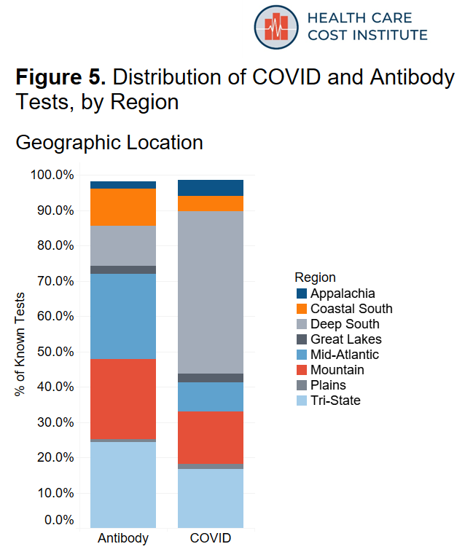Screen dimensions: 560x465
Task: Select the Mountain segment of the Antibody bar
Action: [123, 399]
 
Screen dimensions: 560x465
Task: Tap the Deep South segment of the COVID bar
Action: [211, 291]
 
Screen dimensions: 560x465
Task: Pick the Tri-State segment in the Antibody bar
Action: [123, 484]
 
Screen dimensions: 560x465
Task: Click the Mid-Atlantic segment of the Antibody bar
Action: [123, 316]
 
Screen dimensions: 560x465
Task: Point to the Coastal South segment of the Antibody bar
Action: [123, 207]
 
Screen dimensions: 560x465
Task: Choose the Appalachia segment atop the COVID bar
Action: [211, 187]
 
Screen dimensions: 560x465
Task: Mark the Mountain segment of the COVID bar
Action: [211, 438]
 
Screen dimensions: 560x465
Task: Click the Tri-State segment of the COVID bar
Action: [211, 498]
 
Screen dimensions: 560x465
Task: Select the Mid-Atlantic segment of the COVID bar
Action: [211, 397]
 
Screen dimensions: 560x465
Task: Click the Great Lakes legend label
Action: [345, 339]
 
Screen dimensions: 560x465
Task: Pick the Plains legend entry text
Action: [328, 385]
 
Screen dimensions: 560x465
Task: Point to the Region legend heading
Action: [315, 277]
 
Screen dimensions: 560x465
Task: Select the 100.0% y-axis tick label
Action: [53, 175]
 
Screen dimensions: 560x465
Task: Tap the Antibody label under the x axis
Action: [123, 539]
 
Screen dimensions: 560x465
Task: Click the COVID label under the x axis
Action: [211, 539]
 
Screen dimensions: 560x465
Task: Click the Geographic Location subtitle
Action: [109, 142]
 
